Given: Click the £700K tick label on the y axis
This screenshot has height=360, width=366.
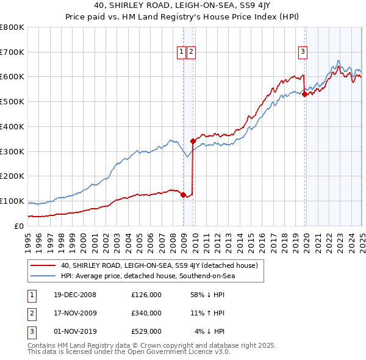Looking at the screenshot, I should [12, 52].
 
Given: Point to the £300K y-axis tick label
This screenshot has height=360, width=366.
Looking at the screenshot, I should [12, 151].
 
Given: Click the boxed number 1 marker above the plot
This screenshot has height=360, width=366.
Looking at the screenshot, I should [182, 52].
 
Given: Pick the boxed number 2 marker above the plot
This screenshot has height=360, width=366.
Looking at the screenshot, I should [191, 52].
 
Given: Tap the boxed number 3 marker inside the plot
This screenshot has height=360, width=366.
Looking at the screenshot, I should [303, 52].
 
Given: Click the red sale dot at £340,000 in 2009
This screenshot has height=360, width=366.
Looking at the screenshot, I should [193, 141].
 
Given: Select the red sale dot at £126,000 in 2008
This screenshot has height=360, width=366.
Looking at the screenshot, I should [183, 195].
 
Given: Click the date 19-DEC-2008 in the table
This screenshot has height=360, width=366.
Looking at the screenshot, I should [74, 295].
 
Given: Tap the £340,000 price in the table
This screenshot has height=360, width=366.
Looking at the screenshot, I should [146, 313].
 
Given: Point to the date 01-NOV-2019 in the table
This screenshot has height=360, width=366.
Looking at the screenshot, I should [74, 331].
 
